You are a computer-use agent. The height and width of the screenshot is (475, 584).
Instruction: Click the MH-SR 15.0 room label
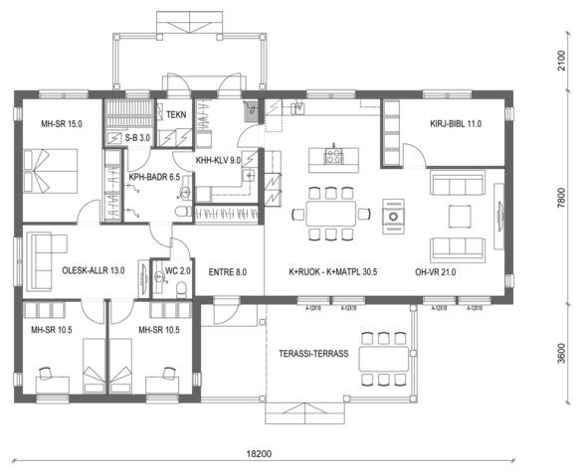[62, 124]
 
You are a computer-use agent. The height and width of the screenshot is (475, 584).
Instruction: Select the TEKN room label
[178, 115]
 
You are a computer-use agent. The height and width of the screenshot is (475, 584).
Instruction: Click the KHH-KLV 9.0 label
[218, 159]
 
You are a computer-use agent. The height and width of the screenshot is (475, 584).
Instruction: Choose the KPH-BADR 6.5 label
[153, 177]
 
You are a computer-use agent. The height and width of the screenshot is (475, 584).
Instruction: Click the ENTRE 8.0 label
[227, 270]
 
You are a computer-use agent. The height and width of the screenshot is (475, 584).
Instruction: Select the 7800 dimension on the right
[561, 198]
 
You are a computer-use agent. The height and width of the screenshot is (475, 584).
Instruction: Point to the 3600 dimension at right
[561, 353]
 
